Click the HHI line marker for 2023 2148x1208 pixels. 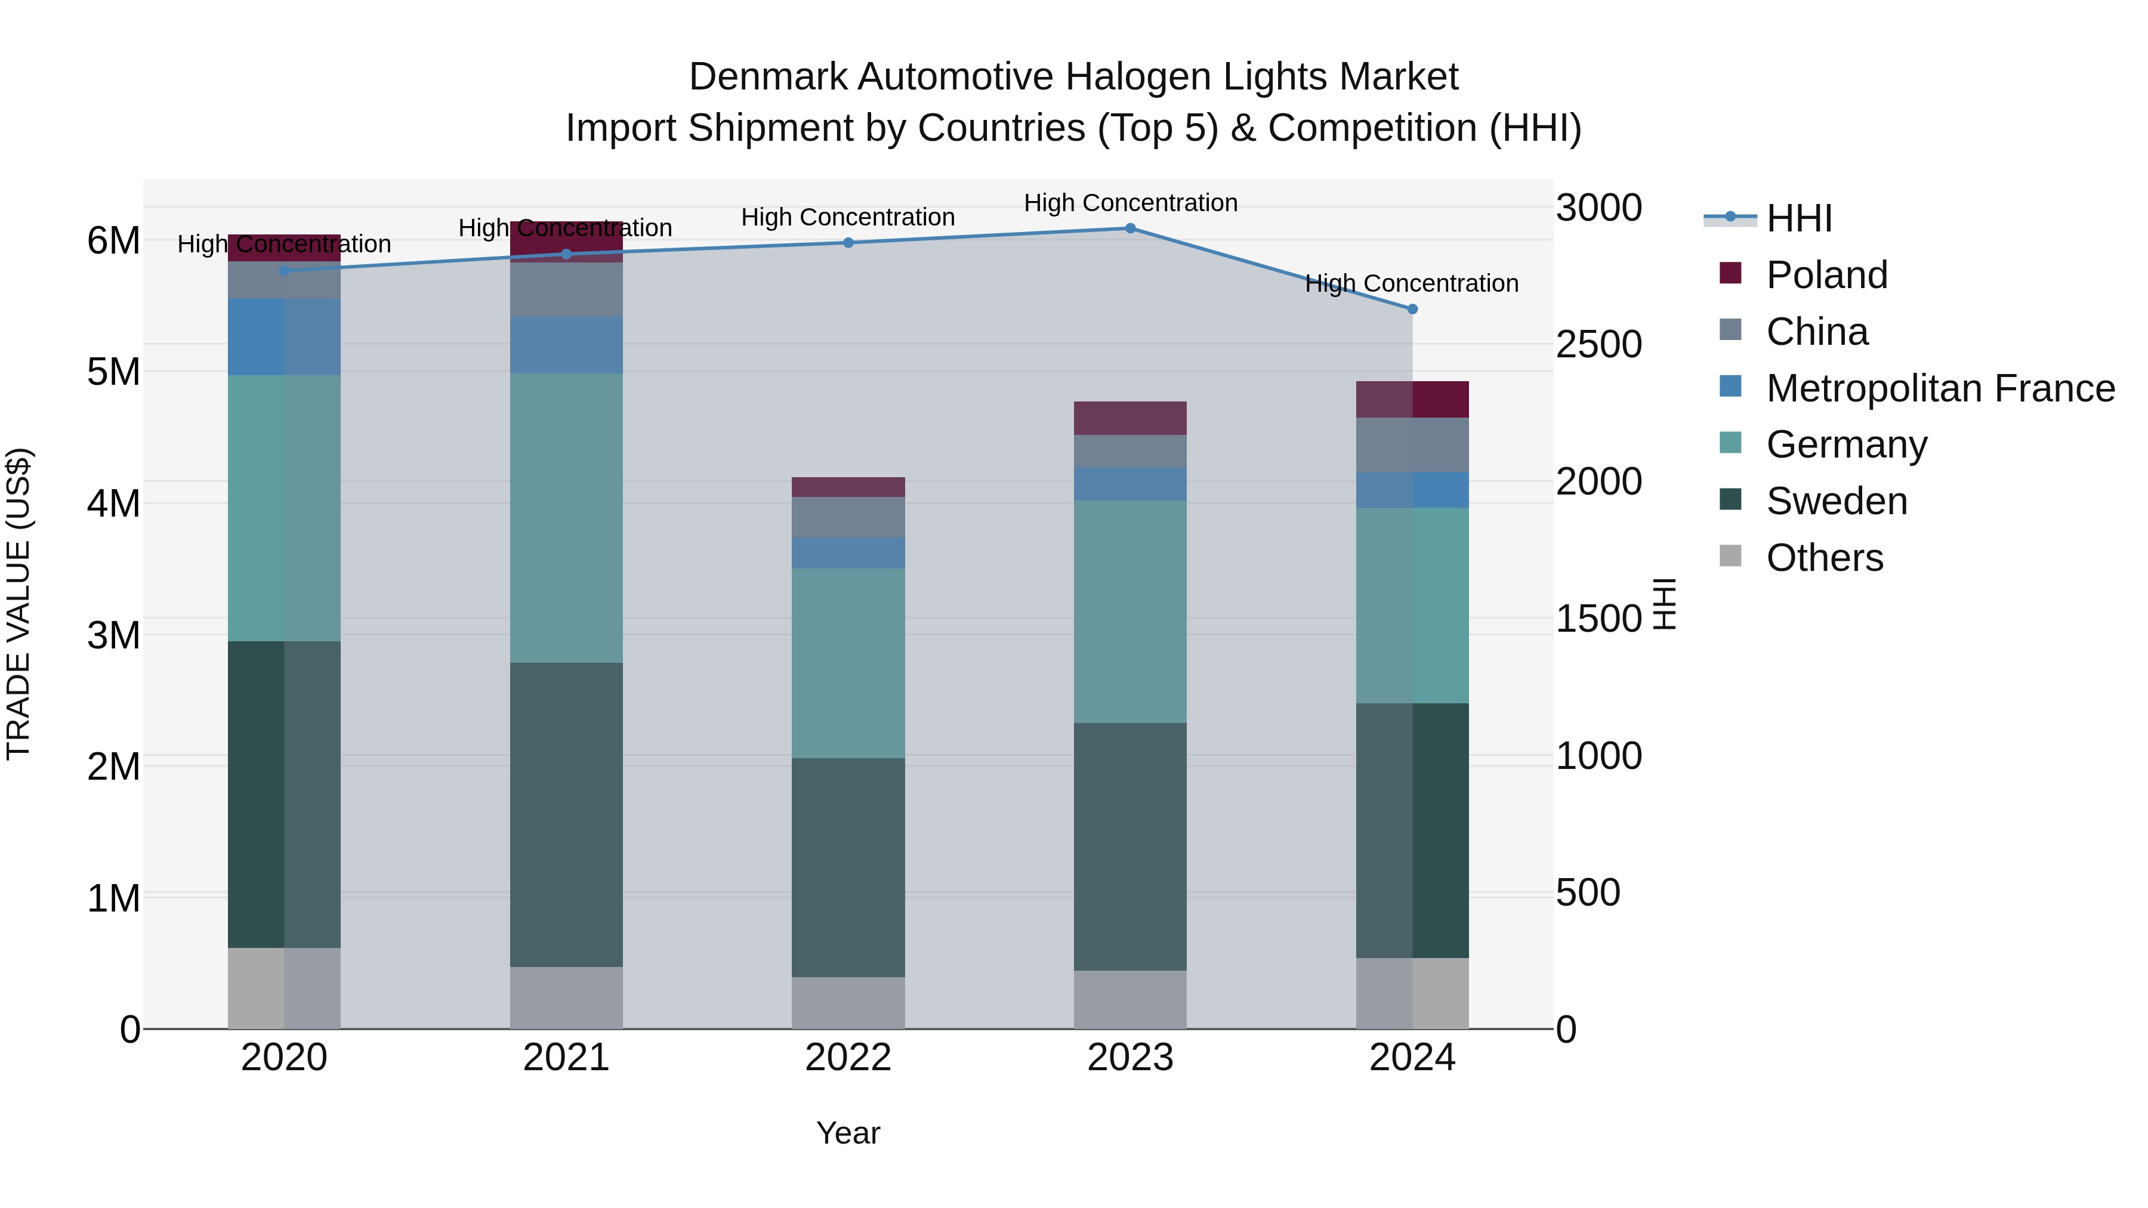pyautogui.click(x=1130, y=228)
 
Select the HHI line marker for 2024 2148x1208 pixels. pyautogui.click(x=1412, y=309)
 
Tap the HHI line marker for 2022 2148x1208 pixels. pyautogui.click(x=848, y=243)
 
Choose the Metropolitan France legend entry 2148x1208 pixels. pyautogui.click(x=1940, y=388)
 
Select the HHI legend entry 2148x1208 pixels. pyautogui.click(x=1798, y=218)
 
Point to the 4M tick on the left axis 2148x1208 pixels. pyautogui.click(x=113, y=503)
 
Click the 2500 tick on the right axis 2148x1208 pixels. pyautogui.click(x=1598, y=344)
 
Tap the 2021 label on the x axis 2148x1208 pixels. pyautogui.click(x=566, y=1058)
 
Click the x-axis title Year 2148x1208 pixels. pyautogui.click(x=848, y=1133)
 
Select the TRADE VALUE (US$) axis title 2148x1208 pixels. pyautogui.click(x=18, y=604)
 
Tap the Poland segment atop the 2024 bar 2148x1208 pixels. pyautogui.click(x=1412, y=399)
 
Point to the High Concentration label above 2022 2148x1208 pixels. pyautogui.click(x=848, y=218)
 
